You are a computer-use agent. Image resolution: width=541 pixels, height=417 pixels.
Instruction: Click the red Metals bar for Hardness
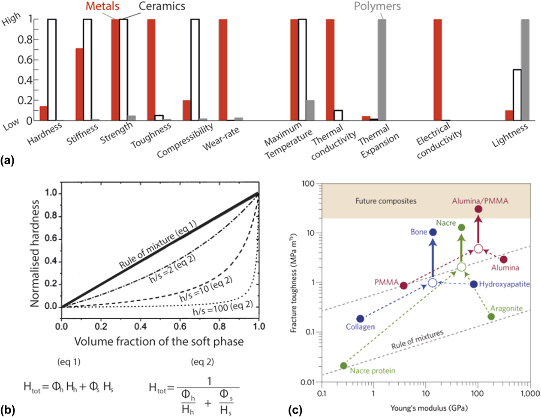point(43,113)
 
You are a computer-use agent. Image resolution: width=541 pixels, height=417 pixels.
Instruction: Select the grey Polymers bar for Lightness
point(525,69)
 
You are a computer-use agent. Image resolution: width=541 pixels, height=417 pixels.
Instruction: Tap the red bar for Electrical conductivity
point(438,69)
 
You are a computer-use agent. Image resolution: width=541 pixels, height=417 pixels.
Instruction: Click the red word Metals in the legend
point(102,6)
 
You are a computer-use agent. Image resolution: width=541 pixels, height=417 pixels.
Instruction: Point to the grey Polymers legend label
point(377,6)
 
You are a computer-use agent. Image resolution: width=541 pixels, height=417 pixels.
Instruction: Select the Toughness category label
point(151,135)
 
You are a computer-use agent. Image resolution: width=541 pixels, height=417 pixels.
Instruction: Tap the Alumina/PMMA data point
point(478,209)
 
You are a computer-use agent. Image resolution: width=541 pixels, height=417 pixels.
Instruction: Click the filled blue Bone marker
point(433,232)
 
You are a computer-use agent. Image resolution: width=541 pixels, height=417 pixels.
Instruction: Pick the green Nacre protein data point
point(343,366)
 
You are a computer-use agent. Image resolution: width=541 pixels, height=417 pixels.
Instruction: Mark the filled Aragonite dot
point(491,317)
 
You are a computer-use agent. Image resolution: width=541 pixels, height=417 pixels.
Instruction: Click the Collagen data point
point(360,319)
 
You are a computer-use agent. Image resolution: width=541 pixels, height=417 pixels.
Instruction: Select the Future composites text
point(386,201)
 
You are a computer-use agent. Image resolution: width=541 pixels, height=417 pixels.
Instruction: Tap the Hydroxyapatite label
point(505,284)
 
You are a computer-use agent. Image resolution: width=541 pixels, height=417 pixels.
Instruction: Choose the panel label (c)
point(295,410)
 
